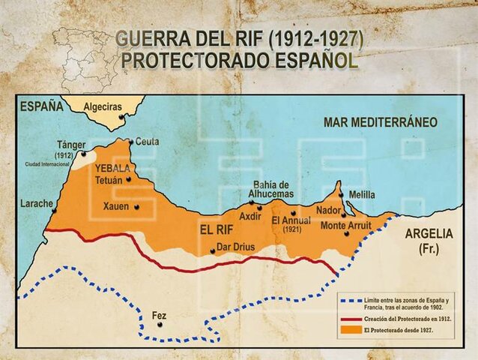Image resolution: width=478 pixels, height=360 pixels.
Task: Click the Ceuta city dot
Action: coord(130,141)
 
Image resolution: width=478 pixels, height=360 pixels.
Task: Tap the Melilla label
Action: coord(361,195)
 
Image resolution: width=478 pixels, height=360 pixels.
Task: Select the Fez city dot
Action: coord(160,325)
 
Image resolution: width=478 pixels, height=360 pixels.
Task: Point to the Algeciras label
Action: coord(103,107)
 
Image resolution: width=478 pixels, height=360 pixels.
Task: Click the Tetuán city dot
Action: coord(129,178)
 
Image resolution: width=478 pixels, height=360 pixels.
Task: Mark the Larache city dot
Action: coord(54,211)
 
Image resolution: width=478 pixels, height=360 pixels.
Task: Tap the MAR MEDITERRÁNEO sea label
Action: coord(380,121)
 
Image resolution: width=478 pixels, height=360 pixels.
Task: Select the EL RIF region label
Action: coord(217,229)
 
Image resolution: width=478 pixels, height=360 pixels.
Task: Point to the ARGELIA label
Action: coord(429,232)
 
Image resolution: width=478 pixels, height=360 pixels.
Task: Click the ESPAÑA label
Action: coord(42,106)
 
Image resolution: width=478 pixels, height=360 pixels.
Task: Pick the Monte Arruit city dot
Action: coord(346,234)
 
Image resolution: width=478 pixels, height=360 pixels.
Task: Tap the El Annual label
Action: coord(291,220)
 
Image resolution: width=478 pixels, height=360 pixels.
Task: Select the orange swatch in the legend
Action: coord(349,329)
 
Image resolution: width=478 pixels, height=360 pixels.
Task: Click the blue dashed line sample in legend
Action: coord(349,299)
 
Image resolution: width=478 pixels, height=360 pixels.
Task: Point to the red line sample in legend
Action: coord(349,318)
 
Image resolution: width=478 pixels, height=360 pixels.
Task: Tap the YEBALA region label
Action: coord(111,168)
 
